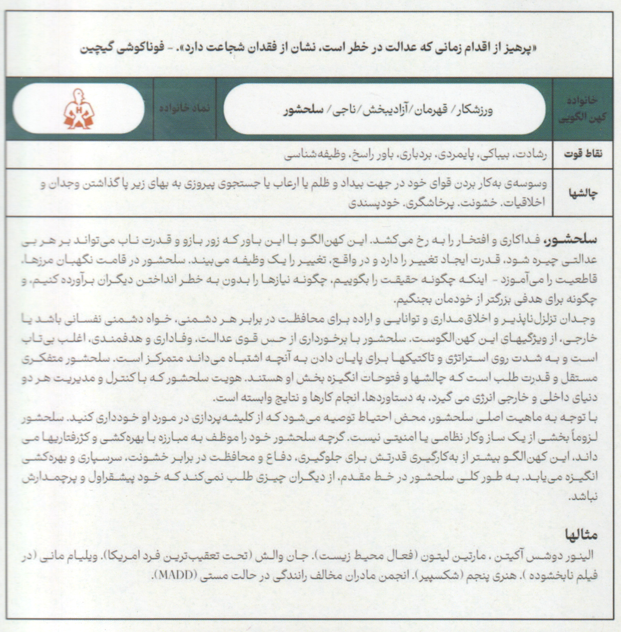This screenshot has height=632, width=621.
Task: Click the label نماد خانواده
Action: [x=185, y=108]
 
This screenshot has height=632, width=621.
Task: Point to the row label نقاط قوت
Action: [x=583, y=154]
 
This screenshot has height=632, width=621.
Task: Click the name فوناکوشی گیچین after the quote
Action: [x=118, y=50]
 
